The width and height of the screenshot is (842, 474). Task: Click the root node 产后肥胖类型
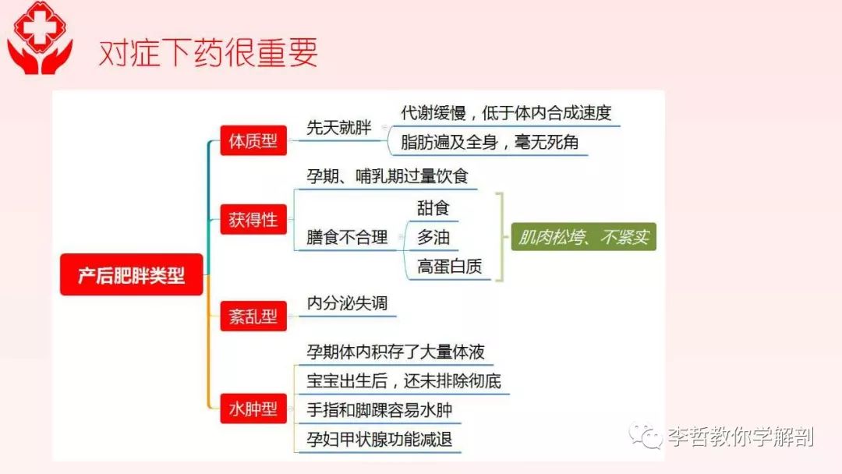132,275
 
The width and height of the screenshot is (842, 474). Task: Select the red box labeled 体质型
253,140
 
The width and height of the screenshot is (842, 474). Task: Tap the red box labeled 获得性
253,219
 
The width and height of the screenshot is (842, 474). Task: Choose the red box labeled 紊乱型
253,316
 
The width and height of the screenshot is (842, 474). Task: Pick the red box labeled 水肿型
253,409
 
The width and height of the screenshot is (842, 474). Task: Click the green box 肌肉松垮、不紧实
584,237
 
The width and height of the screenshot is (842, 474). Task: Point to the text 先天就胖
339,128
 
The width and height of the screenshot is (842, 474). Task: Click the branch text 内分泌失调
347,303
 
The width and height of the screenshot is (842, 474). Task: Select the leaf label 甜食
433,207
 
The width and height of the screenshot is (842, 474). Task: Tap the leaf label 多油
433,237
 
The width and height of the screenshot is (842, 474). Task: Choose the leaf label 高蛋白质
450,267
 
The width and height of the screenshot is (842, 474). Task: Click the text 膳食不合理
347,237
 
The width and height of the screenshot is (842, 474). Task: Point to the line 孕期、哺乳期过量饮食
387,176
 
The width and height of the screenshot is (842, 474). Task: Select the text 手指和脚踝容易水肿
379,410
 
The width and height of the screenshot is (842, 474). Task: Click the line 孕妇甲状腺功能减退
379,439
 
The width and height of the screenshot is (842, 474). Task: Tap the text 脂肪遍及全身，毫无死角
489,142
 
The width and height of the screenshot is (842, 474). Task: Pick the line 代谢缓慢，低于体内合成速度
506,113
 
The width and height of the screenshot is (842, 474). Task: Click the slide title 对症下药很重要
208,52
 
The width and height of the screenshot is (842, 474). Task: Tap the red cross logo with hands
40,37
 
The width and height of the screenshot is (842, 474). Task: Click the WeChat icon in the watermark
646,435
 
